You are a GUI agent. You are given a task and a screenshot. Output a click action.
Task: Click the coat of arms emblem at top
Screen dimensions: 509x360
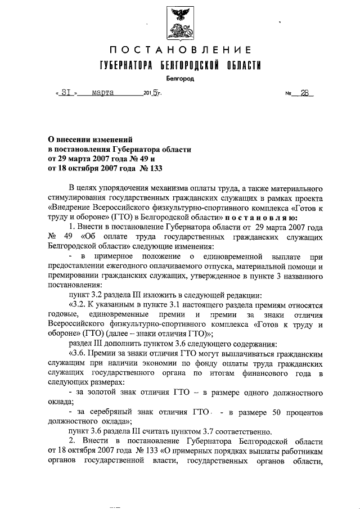[x=179, y=22]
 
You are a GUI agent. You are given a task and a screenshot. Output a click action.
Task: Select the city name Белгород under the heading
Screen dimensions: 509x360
[x=180, y=79]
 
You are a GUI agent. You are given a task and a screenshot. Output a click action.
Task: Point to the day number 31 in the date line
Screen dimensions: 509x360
[x=62, y=94]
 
